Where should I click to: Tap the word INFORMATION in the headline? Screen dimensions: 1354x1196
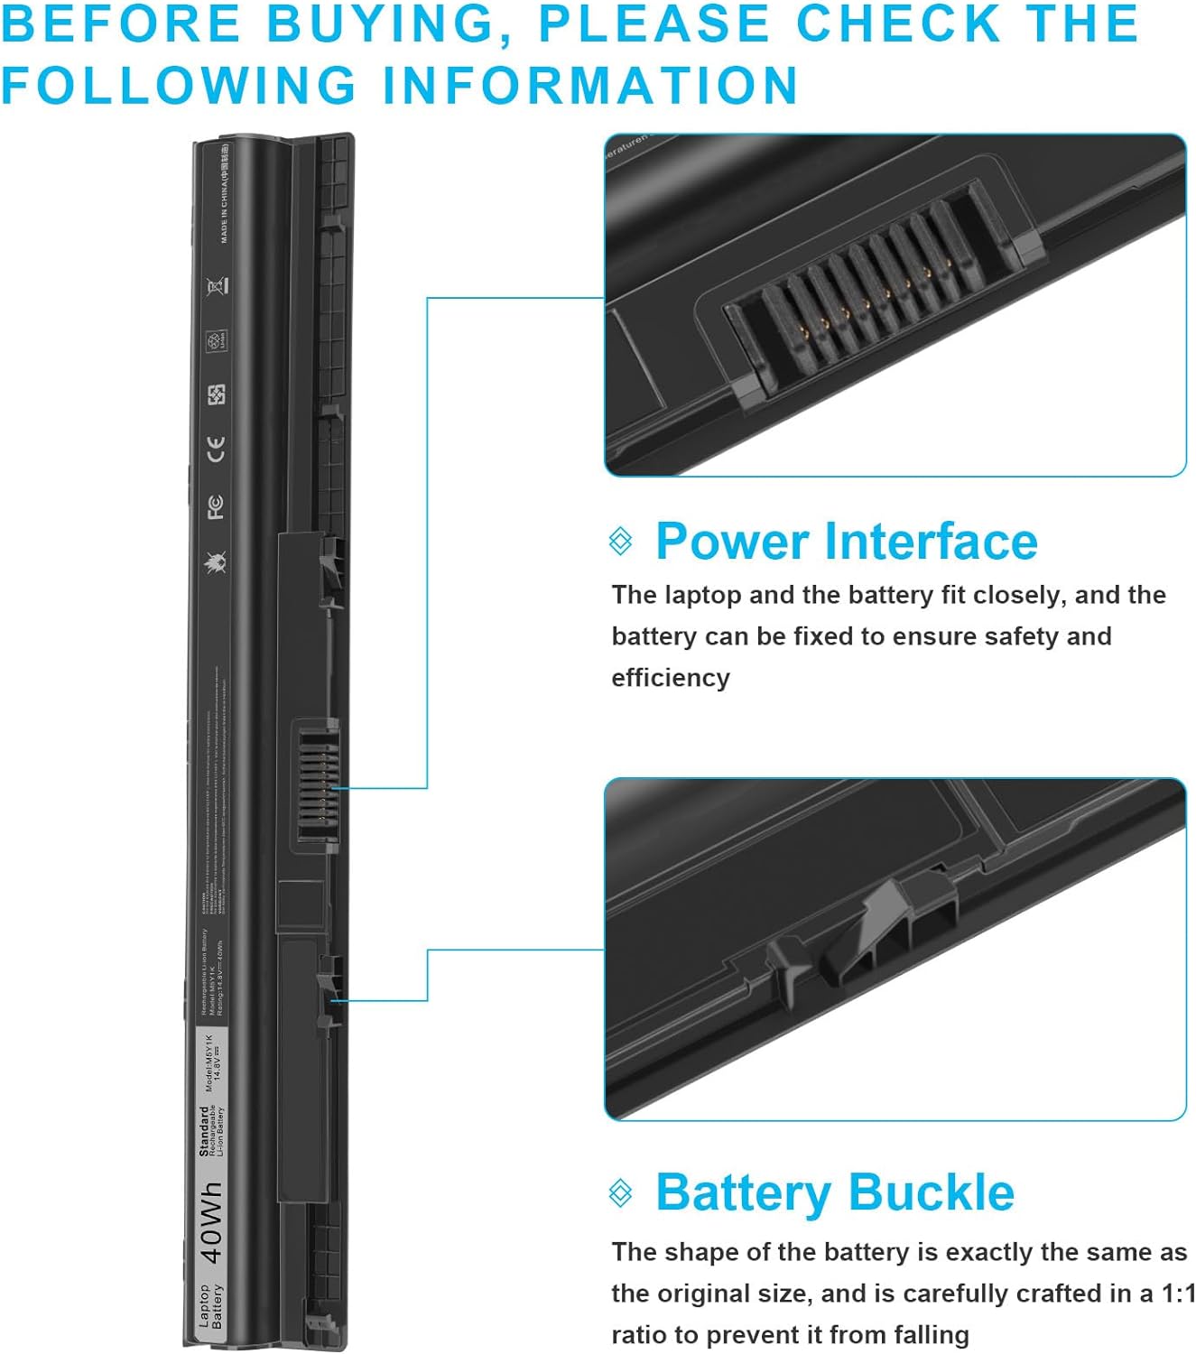590,86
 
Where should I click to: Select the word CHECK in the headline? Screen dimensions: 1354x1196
897,23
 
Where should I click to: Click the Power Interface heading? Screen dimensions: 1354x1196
846,542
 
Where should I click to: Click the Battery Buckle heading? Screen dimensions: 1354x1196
834,1192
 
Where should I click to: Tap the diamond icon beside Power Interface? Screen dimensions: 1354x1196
621,542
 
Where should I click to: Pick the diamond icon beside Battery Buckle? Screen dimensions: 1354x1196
621,1192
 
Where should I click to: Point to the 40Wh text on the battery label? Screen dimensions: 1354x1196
210,1222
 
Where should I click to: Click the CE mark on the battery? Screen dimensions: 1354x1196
216,449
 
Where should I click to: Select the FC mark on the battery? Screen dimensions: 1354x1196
216,506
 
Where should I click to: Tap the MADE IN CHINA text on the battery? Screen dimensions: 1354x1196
224,194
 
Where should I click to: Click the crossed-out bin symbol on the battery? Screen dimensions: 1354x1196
217,287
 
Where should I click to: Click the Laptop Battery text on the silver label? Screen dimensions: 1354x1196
210,1305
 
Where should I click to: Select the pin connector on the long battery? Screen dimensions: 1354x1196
315,785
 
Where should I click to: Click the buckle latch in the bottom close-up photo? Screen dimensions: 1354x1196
889,930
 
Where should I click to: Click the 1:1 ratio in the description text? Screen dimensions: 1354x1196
1178,1294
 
